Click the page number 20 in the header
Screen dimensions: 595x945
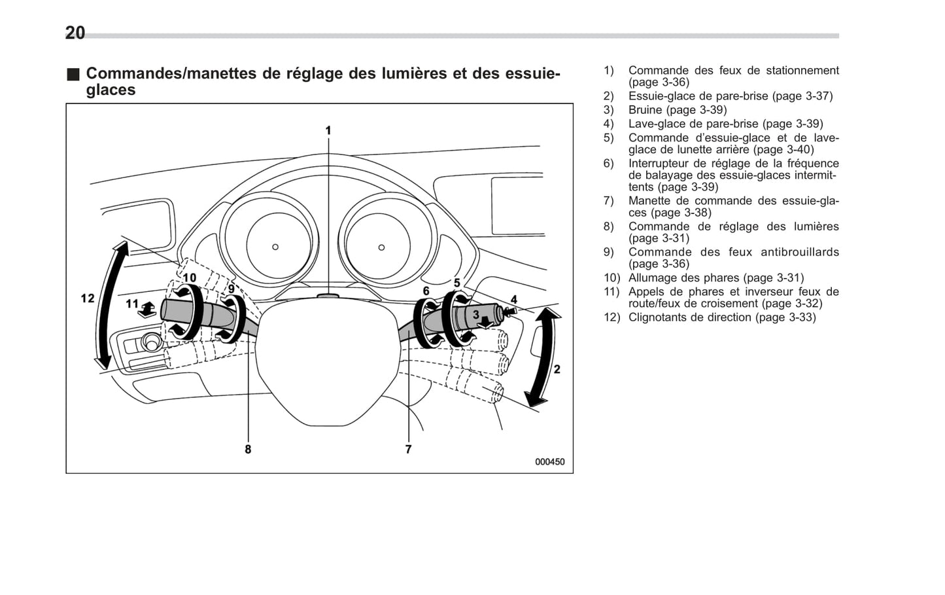click(75, 33)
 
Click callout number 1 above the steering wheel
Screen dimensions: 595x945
click(328, 131)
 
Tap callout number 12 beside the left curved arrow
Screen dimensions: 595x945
click(88, 298)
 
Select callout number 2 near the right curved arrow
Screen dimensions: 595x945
click(557, 369)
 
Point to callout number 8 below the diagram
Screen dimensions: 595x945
click(248, 449)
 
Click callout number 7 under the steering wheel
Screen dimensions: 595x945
click(408, 449)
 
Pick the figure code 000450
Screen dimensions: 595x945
click(549, 461)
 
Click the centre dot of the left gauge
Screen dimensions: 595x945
click(275, 247)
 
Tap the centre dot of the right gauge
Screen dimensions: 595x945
click(381, 247)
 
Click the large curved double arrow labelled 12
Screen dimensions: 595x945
click(109, 304)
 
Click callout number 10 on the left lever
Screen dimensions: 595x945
click(189, 278)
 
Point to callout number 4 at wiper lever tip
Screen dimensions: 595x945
click(513, 300)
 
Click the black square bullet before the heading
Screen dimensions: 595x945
click(73, 74)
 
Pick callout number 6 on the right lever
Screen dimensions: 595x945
click(426, 291)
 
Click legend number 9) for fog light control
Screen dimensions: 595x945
click(608, 252)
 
